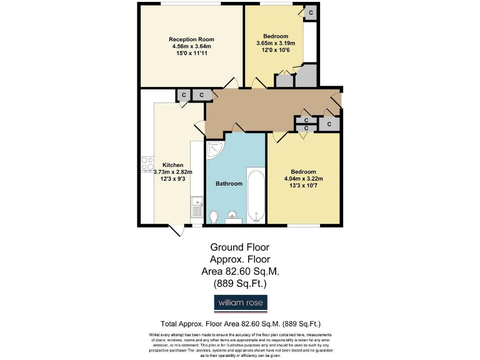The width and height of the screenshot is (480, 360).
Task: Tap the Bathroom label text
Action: [229, 184]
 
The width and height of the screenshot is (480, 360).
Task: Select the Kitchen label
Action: [173, 165]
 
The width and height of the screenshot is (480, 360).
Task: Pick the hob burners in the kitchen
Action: [148, 163]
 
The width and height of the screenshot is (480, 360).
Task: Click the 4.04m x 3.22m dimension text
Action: [303, 179]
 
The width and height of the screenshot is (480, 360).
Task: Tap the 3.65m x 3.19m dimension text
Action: [276, 43]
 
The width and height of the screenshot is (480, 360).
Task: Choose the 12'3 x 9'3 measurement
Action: [173, 179]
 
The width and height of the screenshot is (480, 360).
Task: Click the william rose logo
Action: [241, 303]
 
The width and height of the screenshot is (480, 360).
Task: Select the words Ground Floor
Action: [240, 247]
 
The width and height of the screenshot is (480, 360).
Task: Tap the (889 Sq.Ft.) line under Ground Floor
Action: [240, 283]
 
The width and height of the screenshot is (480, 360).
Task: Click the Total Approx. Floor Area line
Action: [241, 324]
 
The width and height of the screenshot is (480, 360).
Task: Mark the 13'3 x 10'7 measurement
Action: [303, 186]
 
